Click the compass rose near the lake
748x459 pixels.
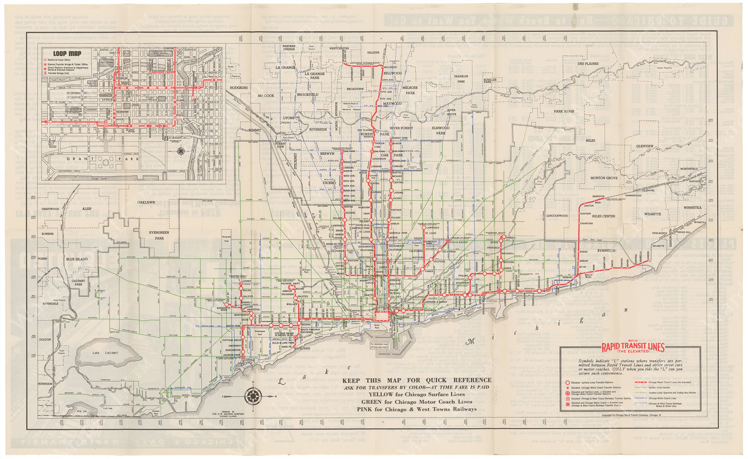pyautogui.click(x=253, y=396)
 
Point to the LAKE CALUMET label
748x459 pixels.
pyautogui.click(x=103, y=353)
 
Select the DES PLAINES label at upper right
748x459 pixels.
pyautogui.click(x=587, y=64)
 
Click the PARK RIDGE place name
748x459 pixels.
pyautogui.click(x=563, y=111)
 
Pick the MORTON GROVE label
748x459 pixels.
pyautogui.click(x=604, y=178)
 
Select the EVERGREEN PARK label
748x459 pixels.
pyautogui.click(x=159, y=235)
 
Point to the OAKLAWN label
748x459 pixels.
pyautogui.click(x=147, y=203)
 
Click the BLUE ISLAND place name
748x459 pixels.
pyautogui.click(x=77, y=259)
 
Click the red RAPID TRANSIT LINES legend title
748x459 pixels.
pyautogui.click(x=633, y=348)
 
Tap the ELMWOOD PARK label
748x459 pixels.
pyautogui.click(x=440, y=131)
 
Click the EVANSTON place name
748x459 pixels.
pyautogui.click(x=606, y=250)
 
